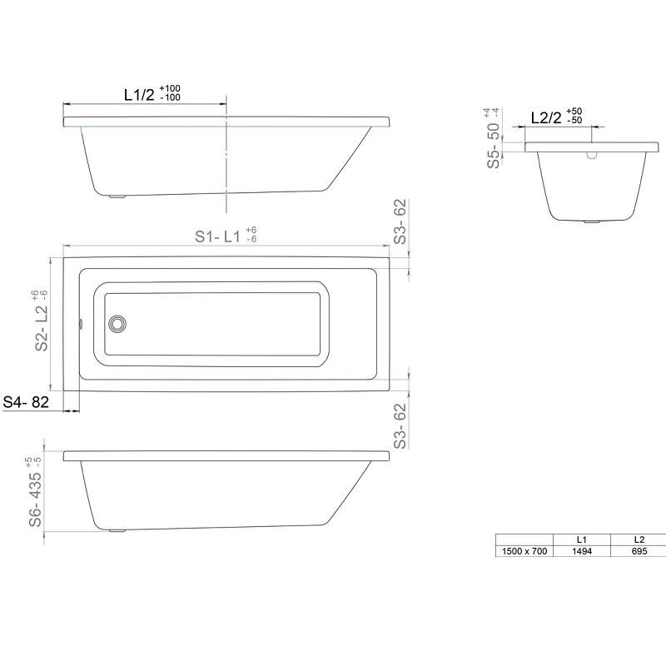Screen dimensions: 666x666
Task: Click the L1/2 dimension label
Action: tap(139, 95)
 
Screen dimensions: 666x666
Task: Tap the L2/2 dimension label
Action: tap(546, 117)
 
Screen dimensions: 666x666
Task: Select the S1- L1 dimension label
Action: tap(217, 236)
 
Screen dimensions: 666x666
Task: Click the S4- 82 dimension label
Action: tap(26, 402)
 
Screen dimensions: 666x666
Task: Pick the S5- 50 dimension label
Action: tap(494, 145)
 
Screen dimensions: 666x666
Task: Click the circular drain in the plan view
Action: tap(117, 324)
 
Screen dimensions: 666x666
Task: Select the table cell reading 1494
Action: tap(581, 551)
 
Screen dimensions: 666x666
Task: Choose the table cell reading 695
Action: tap(639, 551)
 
